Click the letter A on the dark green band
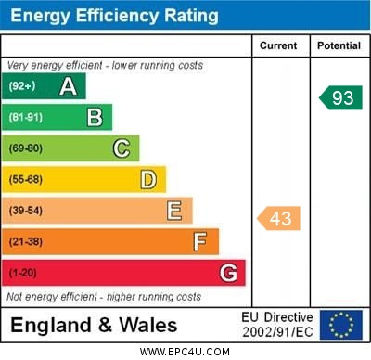click(x=68, y=86)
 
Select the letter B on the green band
click(x=95, y=117)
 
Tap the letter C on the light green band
click(x=122, y=148)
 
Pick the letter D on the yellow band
click(x=148, y=179)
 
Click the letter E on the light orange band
click(x=174, y=211)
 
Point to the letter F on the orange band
click(x=200, y=242)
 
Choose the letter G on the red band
click(x=228, y=273)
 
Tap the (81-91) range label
click(x=25, y=118)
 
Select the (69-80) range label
click(x=25, y=148)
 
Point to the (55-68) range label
click(x=25, y=180)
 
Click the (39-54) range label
click(x=25, y=211)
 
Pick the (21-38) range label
click(x=25, y=242)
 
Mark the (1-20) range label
click(x=22, y=274)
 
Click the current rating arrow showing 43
click(x=279, y=218)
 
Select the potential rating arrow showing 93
click(x=340, y=97)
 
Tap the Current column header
click(x=278, y=45)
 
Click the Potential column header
click(x=339, y=45)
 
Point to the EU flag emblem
click(x=340, y=325)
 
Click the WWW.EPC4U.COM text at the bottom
click(x=185, y=352)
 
